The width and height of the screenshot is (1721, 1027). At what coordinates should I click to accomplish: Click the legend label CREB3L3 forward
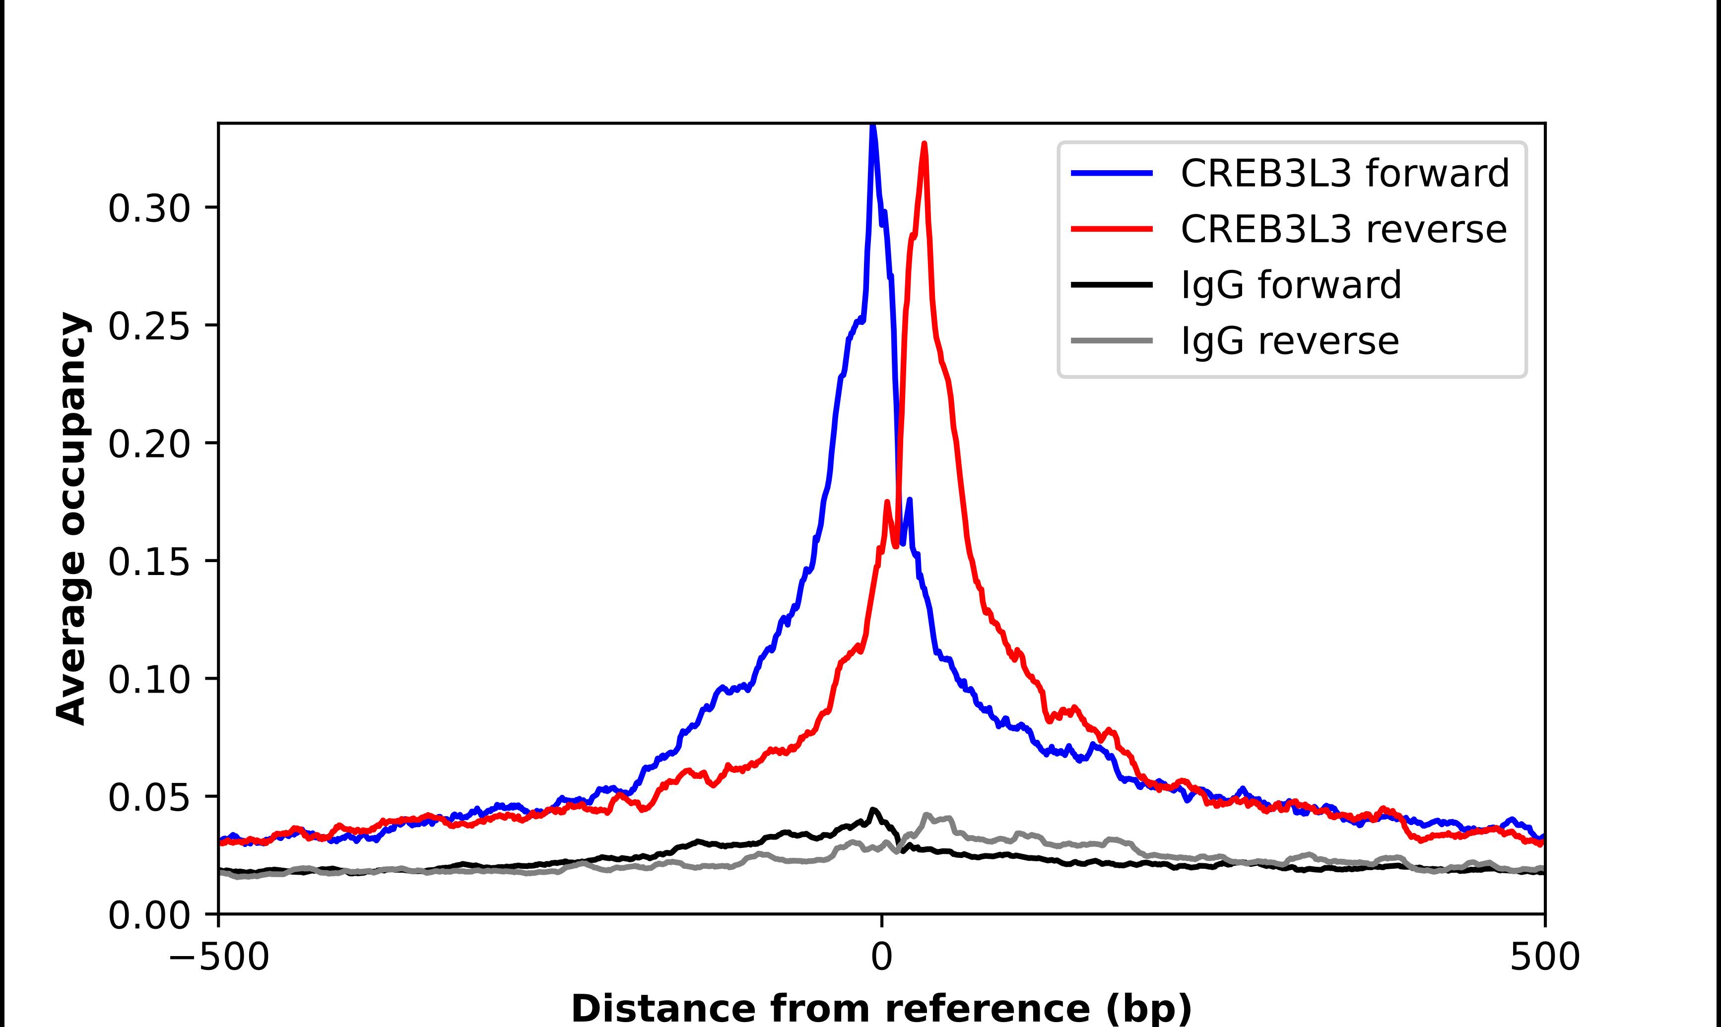coord(1344,173)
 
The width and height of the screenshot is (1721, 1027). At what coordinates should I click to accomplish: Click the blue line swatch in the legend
coord(1112,173)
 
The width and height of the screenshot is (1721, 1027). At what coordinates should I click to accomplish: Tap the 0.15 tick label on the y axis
coord(149,561)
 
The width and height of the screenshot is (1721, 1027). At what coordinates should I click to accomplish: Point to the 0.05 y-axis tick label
coord(149,797)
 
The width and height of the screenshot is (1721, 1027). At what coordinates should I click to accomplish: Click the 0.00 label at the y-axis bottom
coord(149,915)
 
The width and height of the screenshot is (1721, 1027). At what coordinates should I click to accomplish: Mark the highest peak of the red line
coord(925,144)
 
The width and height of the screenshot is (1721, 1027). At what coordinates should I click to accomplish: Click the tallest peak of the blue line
coord(873,127)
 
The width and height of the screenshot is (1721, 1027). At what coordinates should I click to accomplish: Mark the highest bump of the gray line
coord(927,815)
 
